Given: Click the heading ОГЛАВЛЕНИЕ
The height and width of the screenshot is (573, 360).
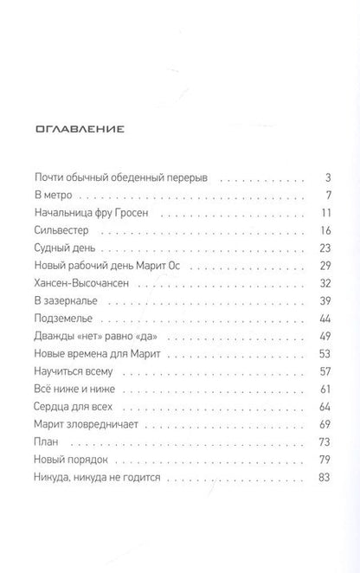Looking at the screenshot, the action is (79, 131).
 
